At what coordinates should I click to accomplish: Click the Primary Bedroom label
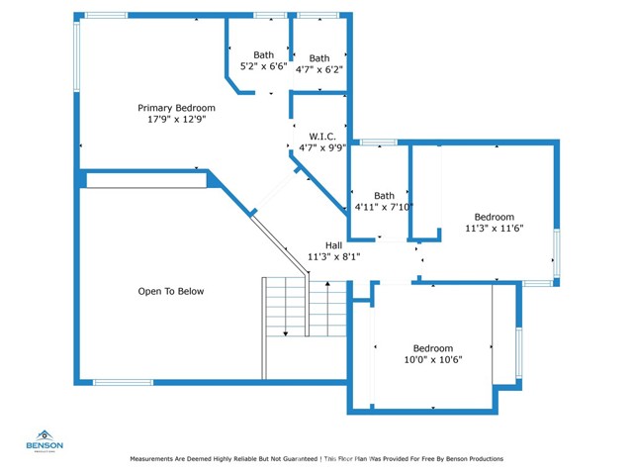pyautogui.click(x=176, y=108)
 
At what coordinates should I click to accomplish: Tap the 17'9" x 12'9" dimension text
pyautogui.click(x=177, y=119)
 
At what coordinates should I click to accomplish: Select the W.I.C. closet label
pyautogui.click(x=322, y=137)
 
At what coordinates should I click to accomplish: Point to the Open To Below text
pyautogui.click(x=171, y=291)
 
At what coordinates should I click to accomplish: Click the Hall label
pyautogui.click(x=334, y=245)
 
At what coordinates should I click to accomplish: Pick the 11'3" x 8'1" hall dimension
pyautogui.click(x=334, y=256)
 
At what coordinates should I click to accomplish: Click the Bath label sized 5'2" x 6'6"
pyautogui.click(x=264, y=55)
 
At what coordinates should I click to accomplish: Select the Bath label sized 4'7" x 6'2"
pyautogui.click(x=319, y=58)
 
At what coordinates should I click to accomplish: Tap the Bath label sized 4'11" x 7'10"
pyautogui.click(x=384, y=196)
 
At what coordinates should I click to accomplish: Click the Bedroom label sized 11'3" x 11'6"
pyautogui.click(x=495, y=217)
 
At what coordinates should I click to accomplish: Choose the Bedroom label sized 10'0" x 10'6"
pyautogui.click(x=433, y=348)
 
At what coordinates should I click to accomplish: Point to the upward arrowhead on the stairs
pyautogui.click(x=327, y=284)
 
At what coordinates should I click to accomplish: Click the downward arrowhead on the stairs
pyautogui.click(x=286, y=333)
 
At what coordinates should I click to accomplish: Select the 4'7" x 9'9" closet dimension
pyautogui.click(x=322, y=147)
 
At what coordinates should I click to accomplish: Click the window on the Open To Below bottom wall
pyautogui.click(x=123, y=382)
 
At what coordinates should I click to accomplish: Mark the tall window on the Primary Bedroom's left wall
pyautogui.click(x=76, y=56)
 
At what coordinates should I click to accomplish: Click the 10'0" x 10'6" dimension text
pyautogui.click(x=433, y=359)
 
